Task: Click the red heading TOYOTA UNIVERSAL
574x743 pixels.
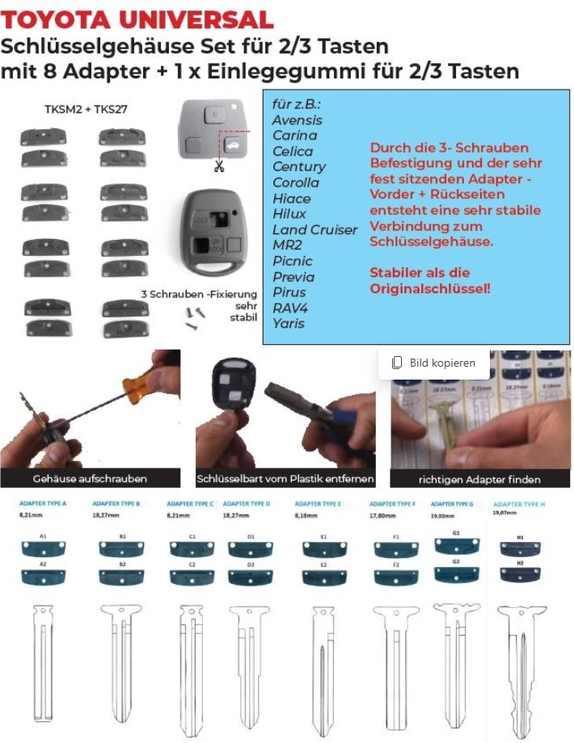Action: (137, 19)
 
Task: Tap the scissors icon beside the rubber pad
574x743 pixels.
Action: (218, 166)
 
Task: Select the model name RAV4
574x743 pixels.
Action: (290, 308)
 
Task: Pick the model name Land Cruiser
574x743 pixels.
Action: (314, 229)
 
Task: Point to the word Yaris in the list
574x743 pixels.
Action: (289, 324)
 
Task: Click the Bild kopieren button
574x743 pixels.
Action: (434, 363)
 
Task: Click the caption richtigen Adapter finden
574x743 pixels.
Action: (479, 479)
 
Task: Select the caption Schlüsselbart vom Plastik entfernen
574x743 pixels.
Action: (285, 479)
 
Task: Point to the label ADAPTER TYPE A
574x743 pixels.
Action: (42, 503)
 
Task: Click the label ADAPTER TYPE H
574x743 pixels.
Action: (519, 504)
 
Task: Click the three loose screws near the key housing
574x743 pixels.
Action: (195, 316)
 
